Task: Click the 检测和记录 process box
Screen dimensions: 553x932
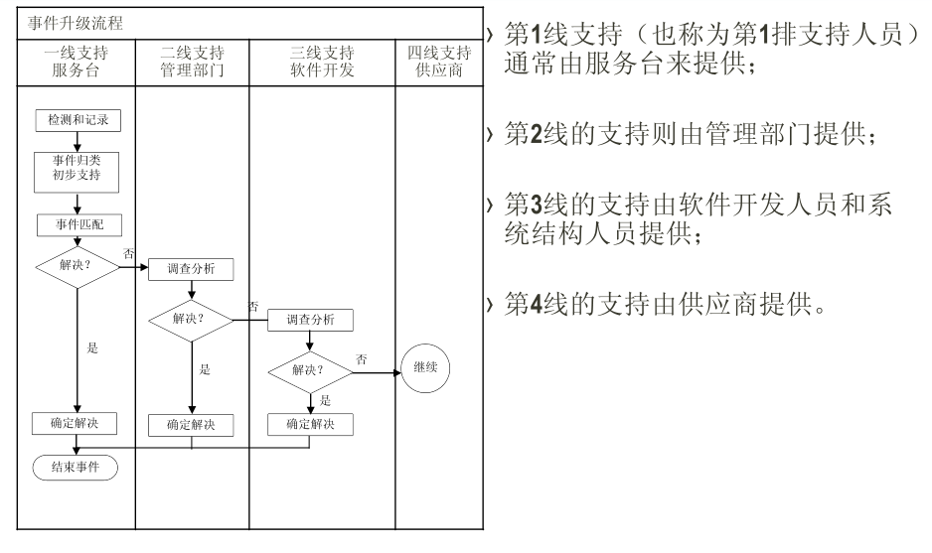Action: (x=77, y=120)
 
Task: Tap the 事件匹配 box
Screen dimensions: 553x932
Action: (x=77, y=224)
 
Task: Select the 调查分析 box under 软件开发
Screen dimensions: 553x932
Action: (x=310, y=320)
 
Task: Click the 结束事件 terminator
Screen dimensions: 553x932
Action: (x=76, y=467)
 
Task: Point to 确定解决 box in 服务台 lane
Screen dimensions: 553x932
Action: (x=77, y=422)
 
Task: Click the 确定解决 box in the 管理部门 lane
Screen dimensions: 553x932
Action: (x=191, y=425)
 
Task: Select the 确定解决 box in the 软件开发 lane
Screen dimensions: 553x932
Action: (x=310, y=423)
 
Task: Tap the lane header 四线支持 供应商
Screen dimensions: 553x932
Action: (x=439, y=62)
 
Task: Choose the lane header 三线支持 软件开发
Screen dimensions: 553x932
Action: (x=323, y=62)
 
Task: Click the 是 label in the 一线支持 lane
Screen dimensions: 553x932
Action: (x=92, y=347)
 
